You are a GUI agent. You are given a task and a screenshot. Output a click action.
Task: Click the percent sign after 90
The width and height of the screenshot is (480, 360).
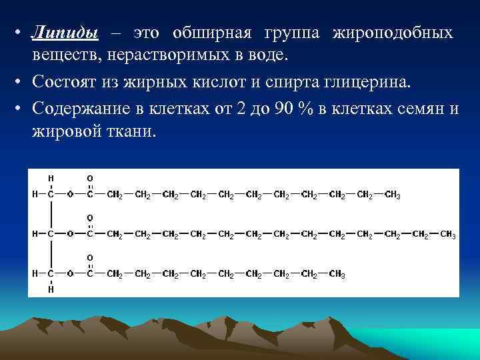pos(305,109)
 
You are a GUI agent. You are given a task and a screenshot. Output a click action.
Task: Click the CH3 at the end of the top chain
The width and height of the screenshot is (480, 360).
pos(393,195)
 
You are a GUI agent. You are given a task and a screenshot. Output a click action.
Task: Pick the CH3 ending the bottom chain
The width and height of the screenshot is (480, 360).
pos(337,274)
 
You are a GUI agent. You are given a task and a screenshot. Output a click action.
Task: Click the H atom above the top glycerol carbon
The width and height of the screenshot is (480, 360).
pos(51,179)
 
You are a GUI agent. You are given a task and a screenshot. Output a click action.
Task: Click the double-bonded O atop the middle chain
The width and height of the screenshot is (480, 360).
pos(90,218)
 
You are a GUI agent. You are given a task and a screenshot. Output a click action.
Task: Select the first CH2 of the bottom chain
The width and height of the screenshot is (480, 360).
pos(115,274)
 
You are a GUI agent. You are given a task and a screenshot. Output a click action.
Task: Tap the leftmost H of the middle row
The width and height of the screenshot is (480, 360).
pos(35,235)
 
